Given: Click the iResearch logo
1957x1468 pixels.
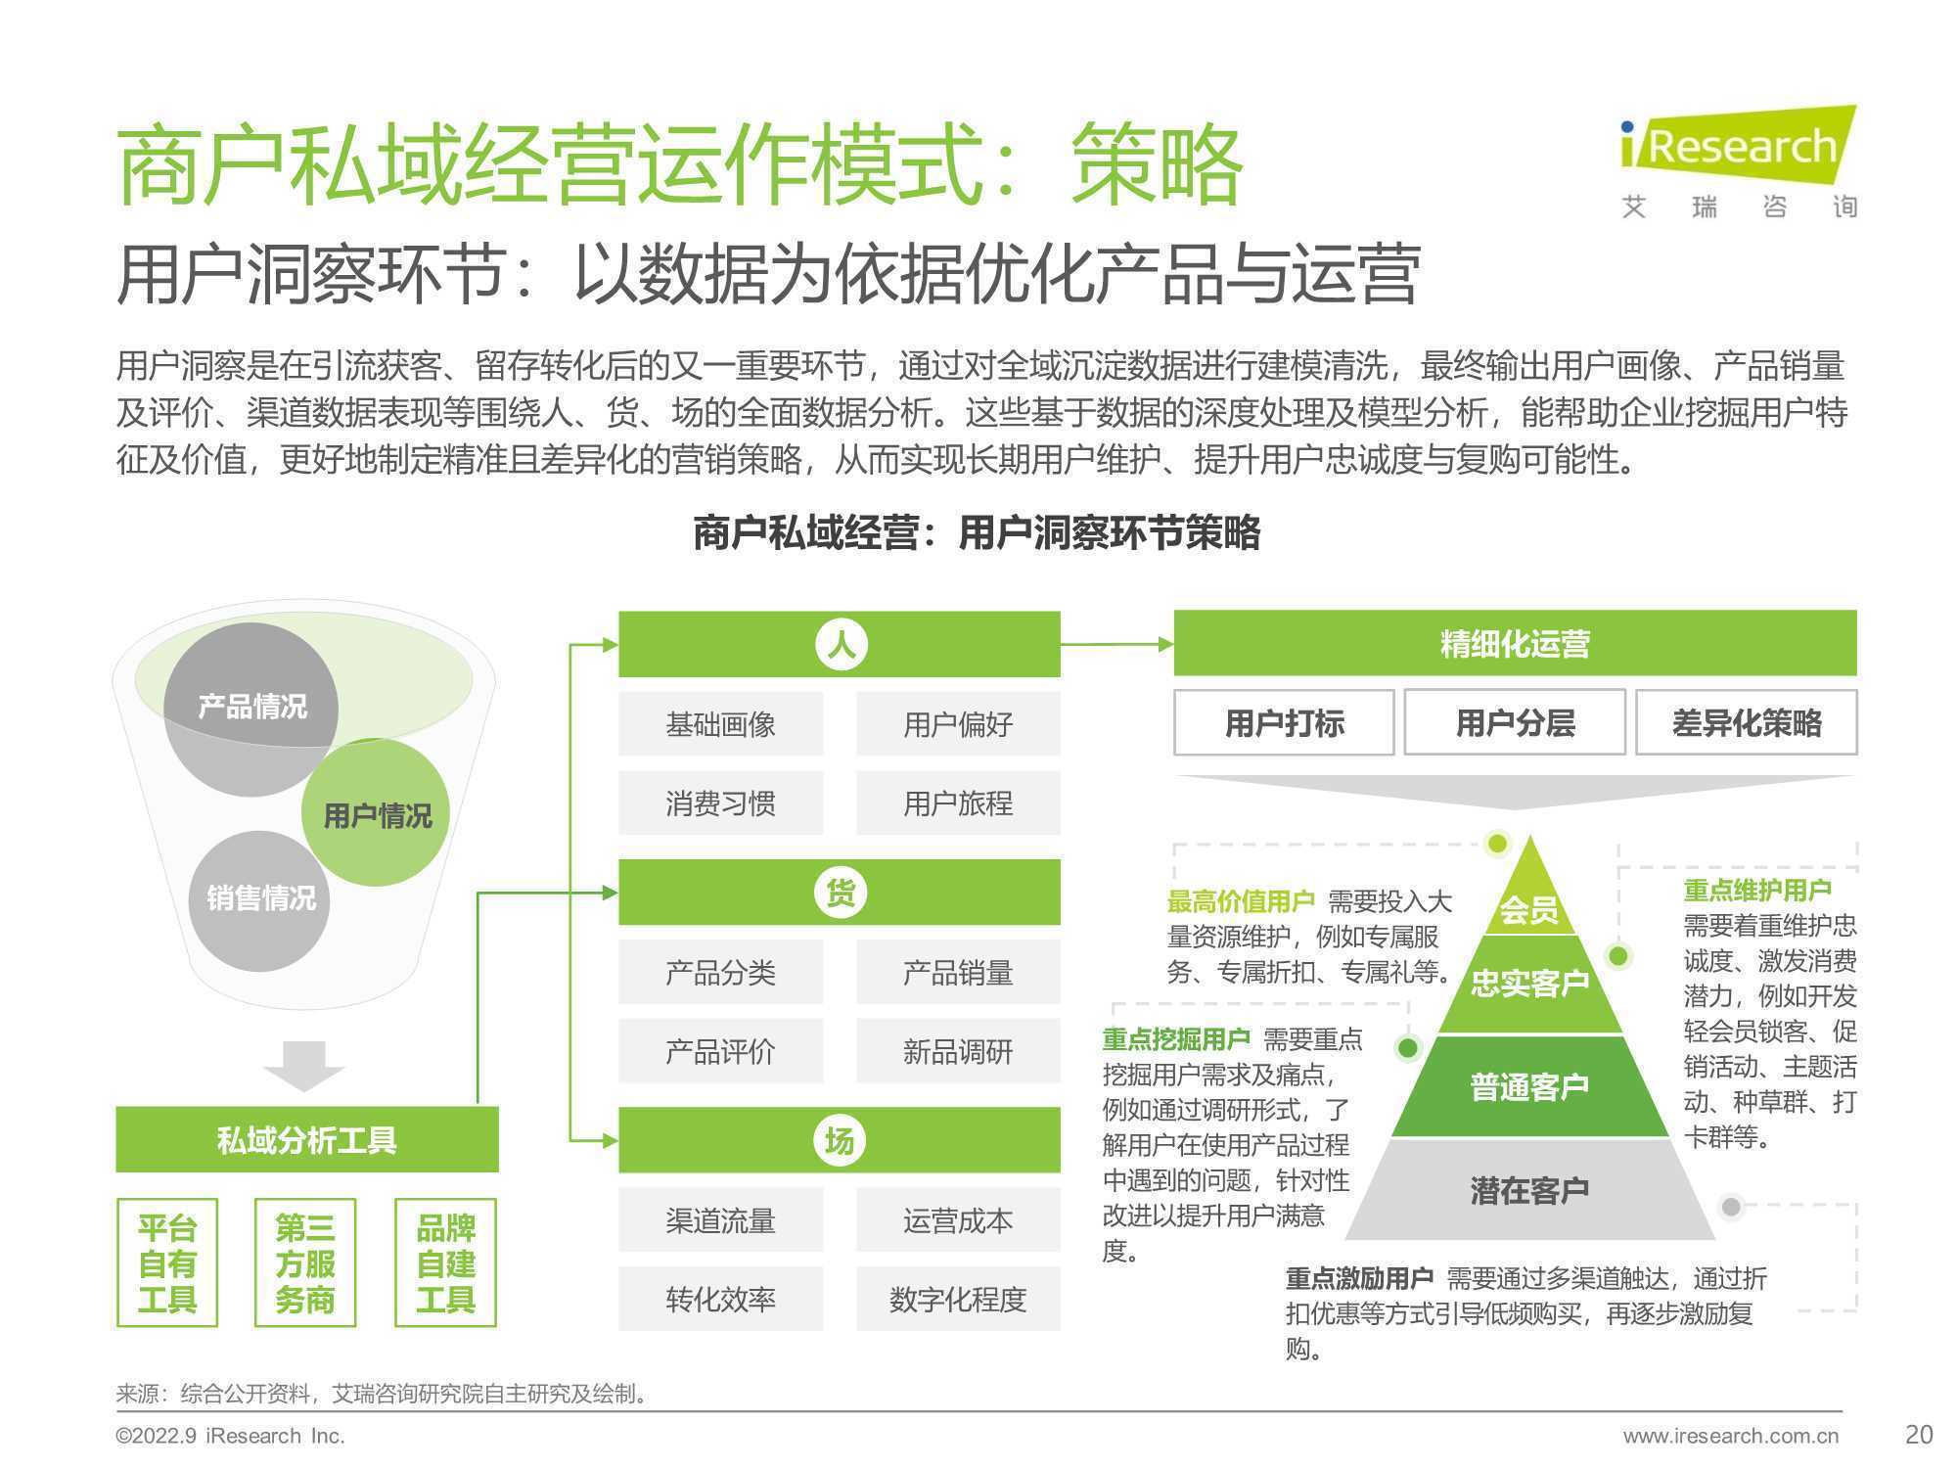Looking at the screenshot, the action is [x=1738, y=161].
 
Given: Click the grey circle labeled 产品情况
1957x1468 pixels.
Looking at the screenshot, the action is [x=250, y=709].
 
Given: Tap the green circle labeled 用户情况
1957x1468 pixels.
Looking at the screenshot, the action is [x=376, y=813].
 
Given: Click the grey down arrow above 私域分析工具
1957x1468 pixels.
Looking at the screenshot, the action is [x=303, y=1066].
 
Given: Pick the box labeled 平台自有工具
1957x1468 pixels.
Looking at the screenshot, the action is [x=167, y=1262].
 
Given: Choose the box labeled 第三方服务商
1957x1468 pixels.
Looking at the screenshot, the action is [x=305, y=1262].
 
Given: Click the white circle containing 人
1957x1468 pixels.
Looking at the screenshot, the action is [x=841, y=645].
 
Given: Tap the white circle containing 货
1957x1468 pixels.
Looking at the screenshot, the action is [x=841, y=893].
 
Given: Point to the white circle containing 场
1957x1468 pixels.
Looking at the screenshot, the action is [x=841, y=1140].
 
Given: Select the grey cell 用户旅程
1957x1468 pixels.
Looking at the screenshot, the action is [x=958, y=803].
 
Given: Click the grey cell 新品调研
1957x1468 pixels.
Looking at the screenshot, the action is [x=958, y=1051].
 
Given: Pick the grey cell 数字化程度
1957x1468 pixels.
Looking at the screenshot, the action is [x=958, y=1299].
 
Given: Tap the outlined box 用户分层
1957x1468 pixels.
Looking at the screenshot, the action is [x=1515, y=722].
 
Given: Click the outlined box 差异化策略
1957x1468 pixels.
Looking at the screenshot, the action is [x=1747, y=722].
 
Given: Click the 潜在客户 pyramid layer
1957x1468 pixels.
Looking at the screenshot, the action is [x=1529, y=1190].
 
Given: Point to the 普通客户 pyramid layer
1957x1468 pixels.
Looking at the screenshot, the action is [x=1529, y=1086].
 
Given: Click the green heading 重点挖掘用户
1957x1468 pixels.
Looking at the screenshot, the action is [x=1176, y=1039].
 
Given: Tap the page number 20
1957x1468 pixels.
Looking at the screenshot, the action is [x=1919, y=1435].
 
